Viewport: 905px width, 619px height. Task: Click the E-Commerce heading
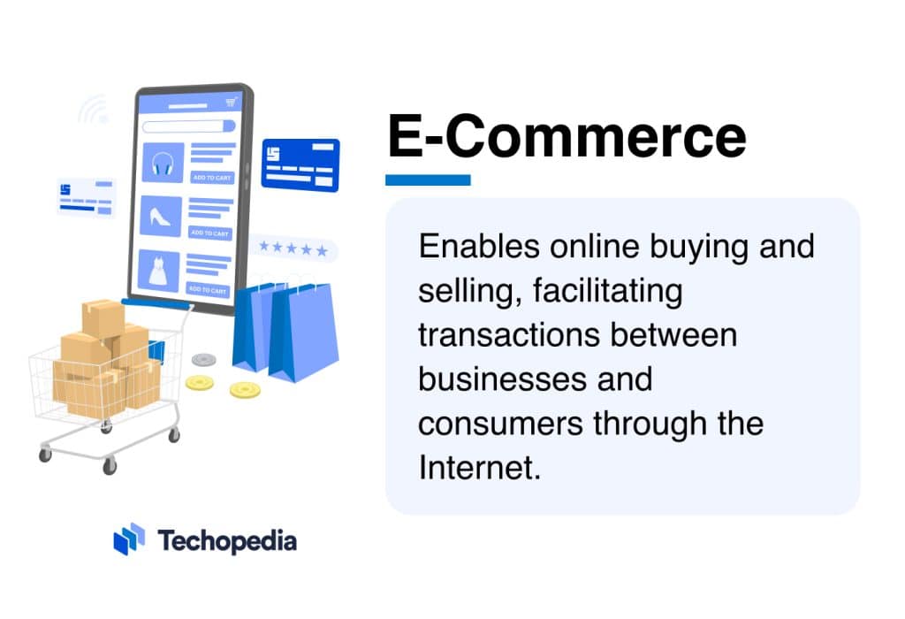coord(567,138)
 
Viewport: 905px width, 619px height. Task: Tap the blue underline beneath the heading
coord(428,180)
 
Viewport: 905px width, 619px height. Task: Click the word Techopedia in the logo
coord(227,540)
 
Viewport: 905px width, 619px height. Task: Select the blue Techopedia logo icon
coord(129,539)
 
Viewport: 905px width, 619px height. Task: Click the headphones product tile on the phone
coord(163,163)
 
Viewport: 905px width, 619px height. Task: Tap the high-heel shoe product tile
coord(161,217)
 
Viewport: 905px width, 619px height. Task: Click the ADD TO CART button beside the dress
coord(209,289)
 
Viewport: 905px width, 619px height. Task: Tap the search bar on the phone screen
coord(188,126)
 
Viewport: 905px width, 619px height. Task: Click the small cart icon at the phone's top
coord(232,103)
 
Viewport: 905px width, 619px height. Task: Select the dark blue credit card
coord(300,164)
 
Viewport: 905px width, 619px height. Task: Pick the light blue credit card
coord(86,197)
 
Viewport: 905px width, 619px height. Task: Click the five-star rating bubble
coord(293,248)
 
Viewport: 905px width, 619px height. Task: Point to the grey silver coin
coord(204,360)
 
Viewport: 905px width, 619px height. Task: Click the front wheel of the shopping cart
coord(110,465)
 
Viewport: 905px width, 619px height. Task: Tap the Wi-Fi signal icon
coord(94,110)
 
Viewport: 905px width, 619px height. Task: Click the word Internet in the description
coord(478,468)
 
